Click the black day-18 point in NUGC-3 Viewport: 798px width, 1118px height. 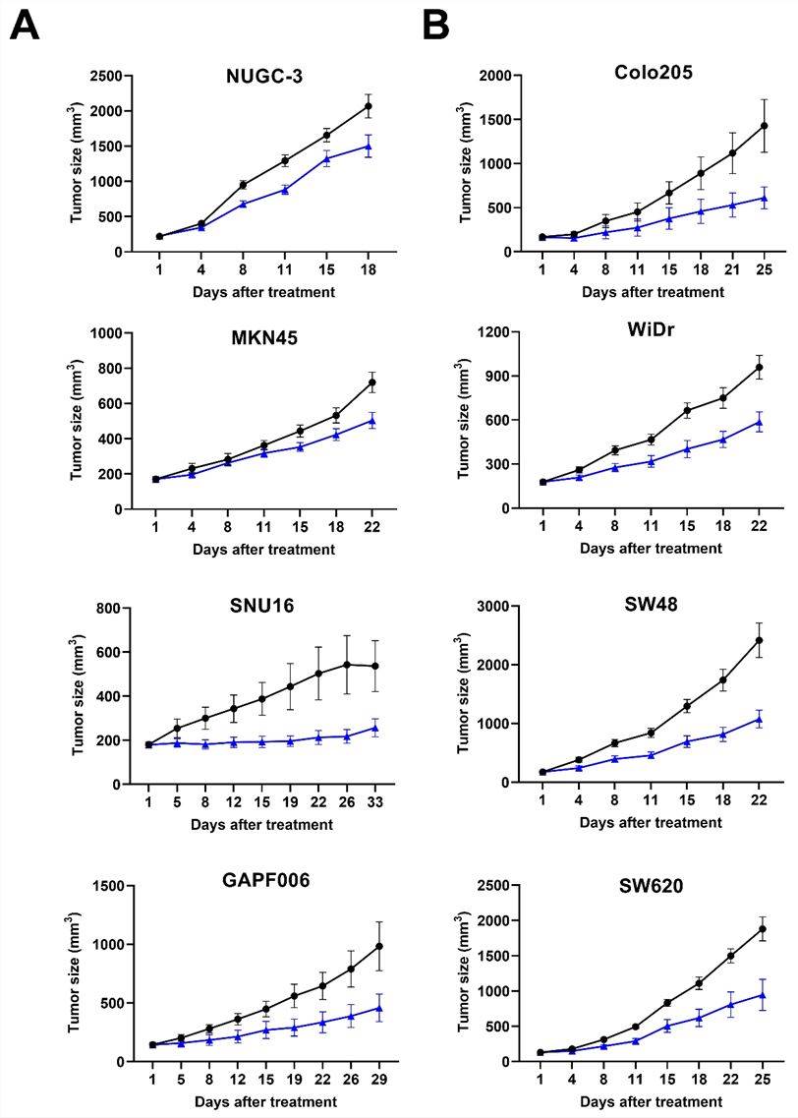pyautogui.click(x=368, y=106)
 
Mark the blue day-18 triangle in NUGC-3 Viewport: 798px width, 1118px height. pyautogui.click(x=368, y=147)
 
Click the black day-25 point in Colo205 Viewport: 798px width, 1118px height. pyautogui.click(x=763, y=126)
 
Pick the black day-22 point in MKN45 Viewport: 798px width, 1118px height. pyautogui.click(x=371, y=382)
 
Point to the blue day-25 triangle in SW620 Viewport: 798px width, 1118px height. pyautogui.click(x=763, y=995)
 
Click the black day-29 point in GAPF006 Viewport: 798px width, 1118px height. pyautogui.click(x=377, y=946)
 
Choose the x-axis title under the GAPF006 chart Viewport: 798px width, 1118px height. pyautogui.click(x=263, y=1101)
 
